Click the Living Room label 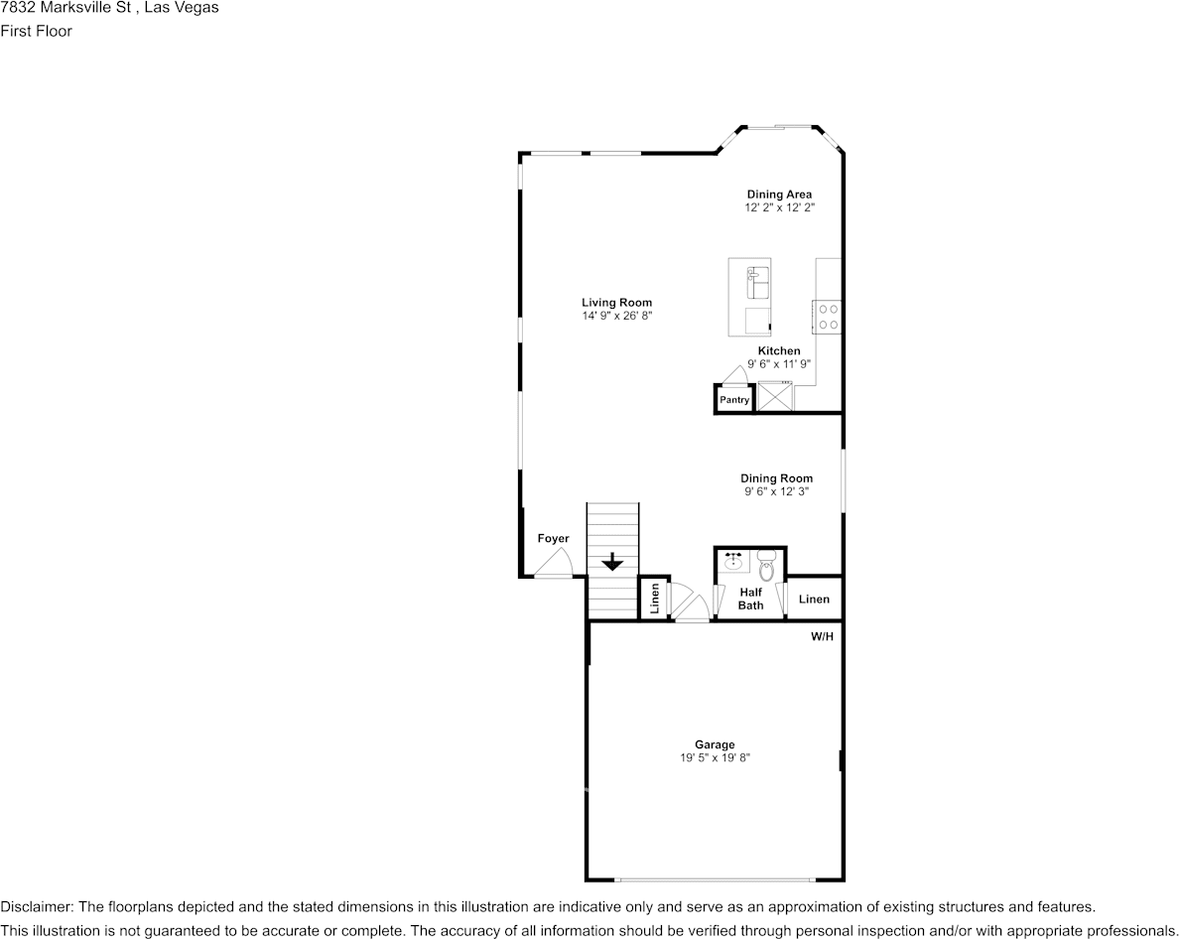pyautogui.click(x=616, y=303)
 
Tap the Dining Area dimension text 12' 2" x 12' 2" pyautogui.click(x=779, y=208)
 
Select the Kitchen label pyautogui.click(x=779, y=350)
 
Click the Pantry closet pyautogui.click(x=734, y=399)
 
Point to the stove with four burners pyautogui.click(x=828, y=317)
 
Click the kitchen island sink pyautogui.click(x=757, y=282)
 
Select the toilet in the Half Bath pyautogui.click(x=766, y=569)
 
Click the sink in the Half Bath pyautogui.click(x=734, y=562)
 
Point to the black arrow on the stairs pyautogui.click(x=612, y=562)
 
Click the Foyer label pyautogui.click(x=553, y=539)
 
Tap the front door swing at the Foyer pyautogui.click(x=554, y=566)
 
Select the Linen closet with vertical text pyautogui.click(x=653, y=599)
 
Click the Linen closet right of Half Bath pyautogui.click(x=814, y=599)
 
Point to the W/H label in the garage pyautogui.click(x=822, y=637)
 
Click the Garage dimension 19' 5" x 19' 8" pyautogui.click(x=715, y=757)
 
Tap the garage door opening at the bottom pyautogui.click(x=715, y=879)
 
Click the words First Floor pyautogui.click(x=36, y=31)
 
